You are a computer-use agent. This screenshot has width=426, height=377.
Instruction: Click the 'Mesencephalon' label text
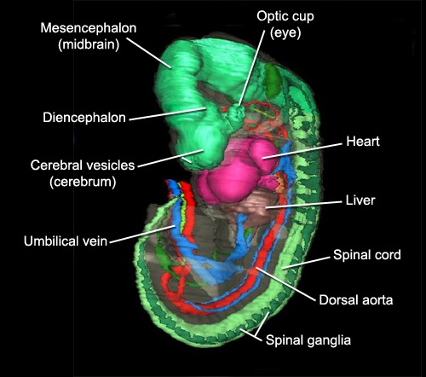pos(89,28)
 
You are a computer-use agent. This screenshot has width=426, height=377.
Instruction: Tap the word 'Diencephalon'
pos(84,118)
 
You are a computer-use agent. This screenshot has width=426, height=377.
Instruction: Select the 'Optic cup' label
pos(285,16)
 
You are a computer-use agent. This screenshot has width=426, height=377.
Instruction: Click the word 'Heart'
pos(363,142)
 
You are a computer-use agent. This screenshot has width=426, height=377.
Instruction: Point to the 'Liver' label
pos(360,200)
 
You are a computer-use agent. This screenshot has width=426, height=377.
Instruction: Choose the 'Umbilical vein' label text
pos(66,241)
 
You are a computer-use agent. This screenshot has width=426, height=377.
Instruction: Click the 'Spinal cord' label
pos(367,255)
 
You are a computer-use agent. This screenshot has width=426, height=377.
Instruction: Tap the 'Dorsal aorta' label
pos(356,300)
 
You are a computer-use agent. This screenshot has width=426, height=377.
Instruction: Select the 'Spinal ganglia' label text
pos(308,340)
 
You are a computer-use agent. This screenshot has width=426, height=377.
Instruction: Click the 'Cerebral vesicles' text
pos(83,165)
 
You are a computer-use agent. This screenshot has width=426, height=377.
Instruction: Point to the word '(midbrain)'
pos(89,44)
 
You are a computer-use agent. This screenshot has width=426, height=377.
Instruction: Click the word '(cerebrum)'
pos(83,182)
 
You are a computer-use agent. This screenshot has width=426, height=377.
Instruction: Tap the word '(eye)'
pos(285,33)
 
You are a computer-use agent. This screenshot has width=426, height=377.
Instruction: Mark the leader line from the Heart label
pos(302,151)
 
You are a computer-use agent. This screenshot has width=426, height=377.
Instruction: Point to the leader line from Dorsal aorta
pos(285,284)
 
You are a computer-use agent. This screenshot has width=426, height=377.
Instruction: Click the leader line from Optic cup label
pos(252,68)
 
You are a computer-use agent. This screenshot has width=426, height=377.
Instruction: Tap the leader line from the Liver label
pos(304,205)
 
